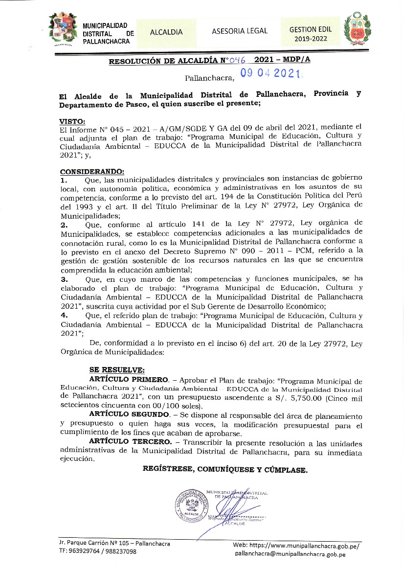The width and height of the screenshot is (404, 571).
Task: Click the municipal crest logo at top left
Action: click(x=63, y=29)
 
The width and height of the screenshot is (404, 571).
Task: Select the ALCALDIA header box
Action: click(x=166, y=32)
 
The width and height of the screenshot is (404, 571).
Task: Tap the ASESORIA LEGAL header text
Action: click(x=240, y=31)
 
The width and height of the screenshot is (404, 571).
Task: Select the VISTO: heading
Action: click(x=72, y=121)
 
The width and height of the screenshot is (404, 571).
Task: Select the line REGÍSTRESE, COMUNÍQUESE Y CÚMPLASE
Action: click(x=225, y=470)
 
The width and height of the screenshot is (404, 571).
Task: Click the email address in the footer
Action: click(x=291, y=554)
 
